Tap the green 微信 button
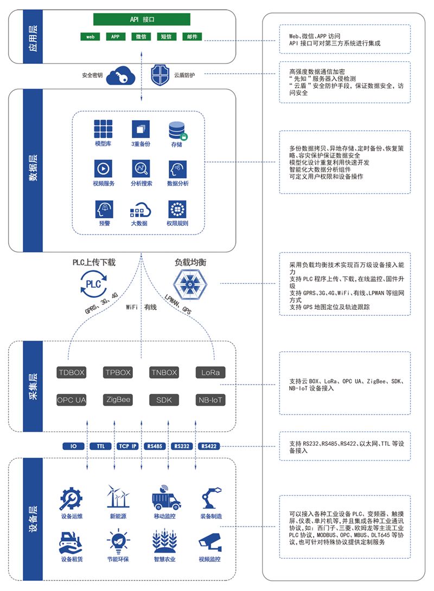pos(141,37)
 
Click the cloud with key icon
pos(120,76)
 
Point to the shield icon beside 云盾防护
pos(160,75)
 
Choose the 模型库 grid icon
pos(103,129)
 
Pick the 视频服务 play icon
pos(103,168)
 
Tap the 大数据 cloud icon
pos(139,209)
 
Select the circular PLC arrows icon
pos(94,284)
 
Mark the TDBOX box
pos(72,373)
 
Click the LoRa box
pos(210,373)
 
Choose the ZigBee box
pos(118,400)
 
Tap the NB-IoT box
pos(210,400)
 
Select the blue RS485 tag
pos(155,446)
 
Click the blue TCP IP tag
pos(127,446)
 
